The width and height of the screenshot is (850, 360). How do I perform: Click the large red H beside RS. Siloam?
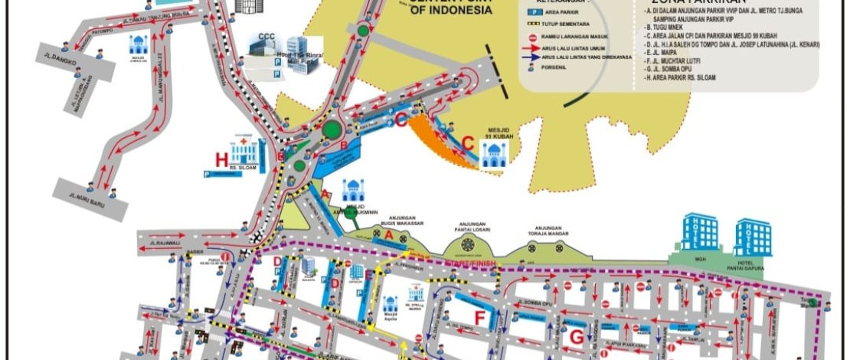pos(222,159)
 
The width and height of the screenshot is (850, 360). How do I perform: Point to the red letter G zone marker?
pos(576,336)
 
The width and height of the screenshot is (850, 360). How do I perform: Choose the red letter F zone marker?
pos(480,317)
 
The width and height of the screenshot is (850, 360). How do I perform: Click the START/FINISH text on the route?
pos(467,263)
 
